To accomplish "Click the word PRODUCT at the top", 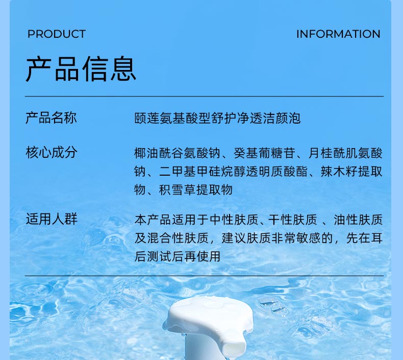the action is [x=57, y=34].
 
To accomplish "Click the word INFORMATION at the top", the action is [x=338, y=34].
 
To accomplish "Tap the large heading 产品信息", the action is [x=81, y=69].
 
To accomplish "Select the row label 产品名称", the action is [x=51, y=118].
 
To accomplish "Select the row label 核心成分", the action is [x=52, y=152].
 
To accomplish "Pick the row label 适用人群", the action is [x=52, y=219].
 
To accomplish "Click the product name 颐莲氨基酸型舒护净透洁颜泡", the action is [x=217, y=118].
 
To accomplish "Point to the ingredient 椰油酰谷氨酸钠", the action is [x=178, y=153].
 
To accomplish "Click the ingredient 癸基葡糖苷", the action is [x=264, y=153].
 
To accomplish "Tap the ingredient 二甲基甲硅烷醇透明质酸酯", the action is [x=233, y=172].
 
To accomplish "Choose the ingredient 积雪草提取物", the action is [x=196, y=189].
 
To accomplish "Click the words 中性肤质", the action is [x=234, y=220].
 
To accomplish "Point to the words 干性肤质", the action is [x=293, y=220].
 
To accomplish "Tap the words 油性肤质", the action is [x=358, y=220].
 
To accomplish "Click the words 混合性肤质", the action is [x=178, y=238].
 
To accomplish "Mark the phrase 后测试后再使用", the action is [x=178, y=256].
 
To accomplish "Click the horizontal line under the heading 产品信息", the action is [x=204, y=96].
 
